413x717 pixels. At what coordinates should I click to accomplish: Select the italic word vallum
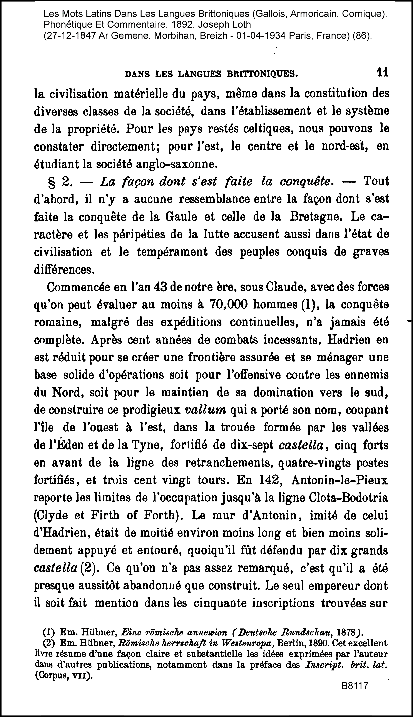[x=206, y=410]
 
